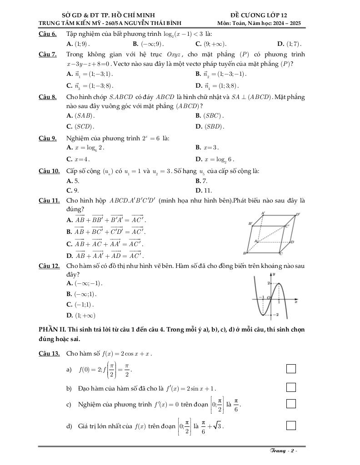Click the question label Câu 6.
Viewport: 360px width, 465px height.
tap(48, 34)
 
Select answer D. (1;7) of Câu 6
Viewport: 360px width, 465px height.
tap(289, 44)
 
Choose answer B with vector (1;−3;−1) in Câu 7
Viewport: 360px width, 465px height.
tap(221, 74)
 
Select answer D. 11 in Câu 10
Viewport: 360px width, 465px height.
tap(204, 190)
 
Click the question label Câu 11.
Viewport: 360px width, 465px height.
tap(49, 200)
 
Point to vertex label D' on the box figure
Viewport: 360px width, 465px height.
tap(298, 214)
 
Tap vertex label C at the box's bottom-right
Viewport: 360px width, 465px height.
tap(282, 253)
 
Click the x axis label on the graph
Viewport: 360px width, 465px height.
tap(295, 302)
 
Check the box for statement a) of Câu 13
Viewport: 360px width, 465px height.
tap(291, 368)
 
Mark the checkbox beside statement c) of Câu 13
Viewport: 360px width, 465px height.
tap(291, 403)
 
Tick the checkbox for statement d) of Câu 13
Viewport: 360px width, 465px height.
tap(291, 425)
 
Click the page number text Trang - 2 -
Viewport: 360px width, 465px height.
tap(283, 451)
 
